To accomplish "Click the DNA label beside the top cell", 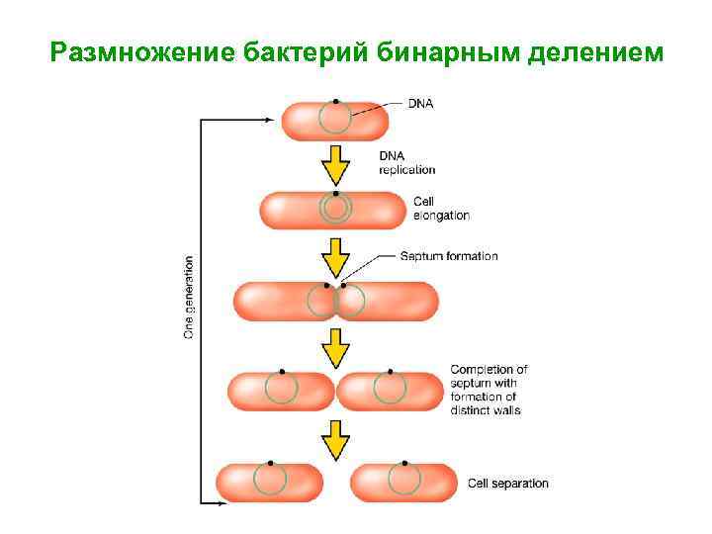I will point(420,103).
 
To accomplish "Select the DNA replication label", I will point(406,162).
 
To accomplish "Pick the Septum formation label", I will point(449,256).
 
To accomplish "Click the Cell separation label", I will point(507,484).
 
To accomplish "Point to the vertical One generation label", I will point(189,297).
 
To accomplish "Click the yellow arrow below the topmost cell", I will point(336,165).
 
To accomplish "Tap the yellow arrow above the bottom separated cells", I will point(336,438).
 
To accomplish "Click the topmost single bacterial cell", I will point(334,120).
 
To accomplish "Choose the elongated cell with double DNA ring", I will point(334,210).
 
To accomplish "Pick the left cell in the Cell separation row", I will point(268,483).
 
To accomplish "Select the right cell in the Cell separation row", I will point(404,483).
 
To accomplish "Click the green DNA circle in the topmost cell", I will point(334,119).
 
